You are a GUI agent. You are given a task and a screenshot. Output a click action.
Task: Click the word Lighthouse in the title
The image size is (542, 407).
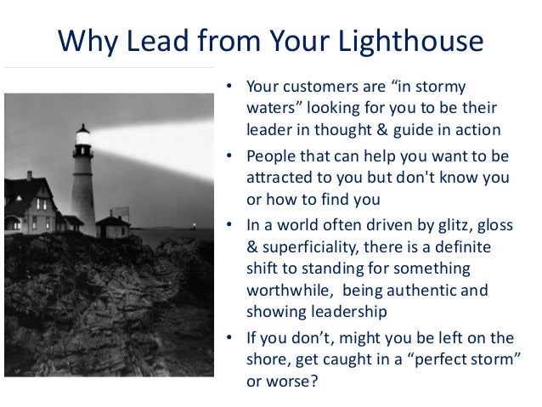pyautogui.click(x=410, y=42)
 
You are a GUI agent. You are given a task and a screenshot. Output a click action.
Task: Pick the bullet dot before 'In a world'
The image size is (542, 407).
pyautogui.click(x=229, y=226)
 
